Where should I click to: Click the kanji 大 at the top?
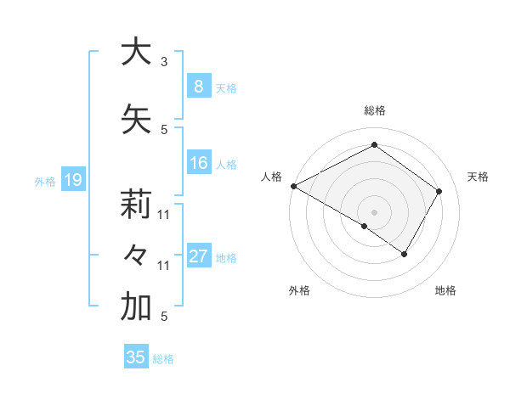click(135, 52)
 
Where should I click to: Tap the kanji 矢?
click(135, 120)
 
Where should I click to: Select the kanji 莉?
click(135, 205)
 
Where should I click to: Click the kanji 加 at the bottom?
click(135, 308)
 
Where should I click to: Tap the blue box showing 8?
click(198, 87)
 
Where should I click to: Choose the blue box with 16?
click(198, 164)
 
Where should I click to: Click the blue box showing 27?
click(198, 257)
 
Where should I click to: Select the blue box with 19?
click(72, 180)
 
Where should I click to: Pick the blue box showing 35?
click(136, 357)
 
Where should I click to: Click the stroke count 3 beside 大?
click(164, 62)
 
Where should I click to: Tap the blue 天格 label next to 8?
click(226, 87)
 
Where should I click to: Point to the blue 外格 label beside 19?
click(45, 181)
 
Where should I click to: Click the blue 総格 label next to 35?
click(163, 359)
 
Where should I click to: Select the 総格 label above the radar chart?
click(374, 110)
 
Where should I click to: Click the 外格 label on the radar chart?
click(299, 290)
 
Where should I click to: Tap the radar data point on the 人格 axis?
click(293, 186)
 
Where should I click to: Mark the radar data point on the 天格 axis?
click(439, 191)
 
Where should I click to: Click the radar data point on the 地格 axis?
click(405, 254)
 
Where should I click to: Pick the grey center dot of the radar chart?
click(374, 211)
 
